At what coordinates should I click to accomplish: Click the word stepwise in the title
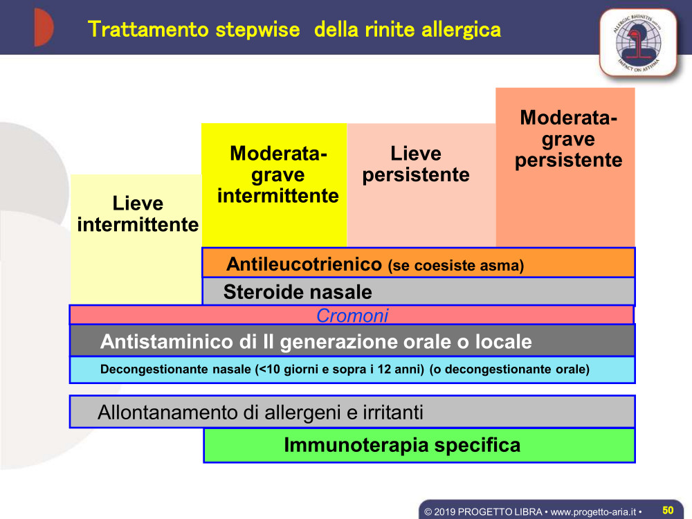tap(257, 30)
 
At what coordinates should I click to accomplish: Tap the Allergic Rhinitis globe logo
tap(638, 43)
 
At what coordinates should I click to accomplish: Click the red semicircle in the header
tap(44, 28)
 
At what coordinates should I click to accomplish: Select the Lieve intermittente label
tap(138, 214)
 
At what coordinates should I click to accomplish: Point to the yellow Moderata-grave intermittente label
tap(278, 175)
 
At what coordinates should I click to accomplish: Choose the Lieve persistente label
tap(416, 164)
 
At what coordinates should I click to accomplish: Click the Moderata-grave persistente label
tap(568, 138)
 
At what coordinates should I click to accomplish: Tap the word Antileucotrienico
tap(304, 264)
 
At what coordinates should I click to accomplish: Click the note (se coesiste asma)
tap(456, 265)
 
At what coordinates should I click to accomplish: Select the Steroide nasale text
tap(298, 292)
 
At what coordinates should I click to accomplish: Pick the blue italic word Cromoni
tap(352, 316)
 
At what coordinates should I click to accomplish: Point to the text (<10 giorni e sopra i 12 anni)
tap(340, 369)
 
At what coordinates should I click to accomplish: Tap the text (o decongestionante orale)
tap(509, 369)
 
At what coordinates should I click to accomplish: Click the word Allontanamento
tap(167, 412)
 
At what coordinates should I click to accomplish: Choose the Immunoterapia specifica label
tap(402, 445)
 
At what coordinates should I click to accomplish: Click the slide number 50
tap(668, 510)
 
